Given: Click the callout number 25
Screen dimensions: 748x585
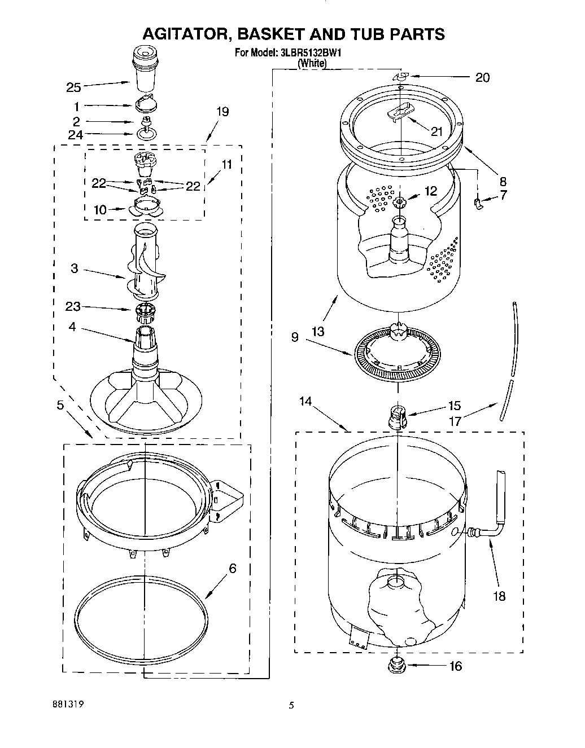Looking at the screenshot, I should click(73, 87).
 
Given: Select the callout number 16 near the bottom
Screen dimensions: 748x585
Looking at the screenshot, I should click(455, 666).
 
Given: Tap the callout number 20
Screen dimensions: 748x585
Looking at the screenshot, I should click(482, 77).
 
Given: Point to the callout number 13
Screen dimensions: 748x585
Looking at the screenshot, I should click(318, 331).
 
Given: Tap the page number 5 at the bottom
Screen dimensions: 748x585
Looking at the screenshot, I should click(291, 705).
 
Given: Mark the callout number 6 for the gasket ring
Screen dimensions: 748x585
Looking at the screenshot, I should click(232, 569).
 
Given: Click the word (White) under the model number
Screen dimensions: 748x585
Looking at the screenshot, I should click(312, 64).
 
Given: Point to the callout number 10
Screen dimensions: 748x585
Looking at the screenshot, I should click(99, 210).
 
